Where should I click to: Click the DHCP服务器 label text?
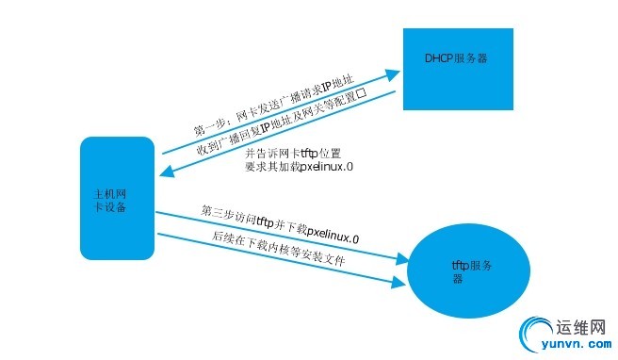[x=455, y=57]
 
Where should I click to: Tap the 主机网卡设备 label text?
[x=104, y=199]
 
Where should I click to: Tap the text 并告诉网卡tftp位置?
[x=292, y=153]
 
